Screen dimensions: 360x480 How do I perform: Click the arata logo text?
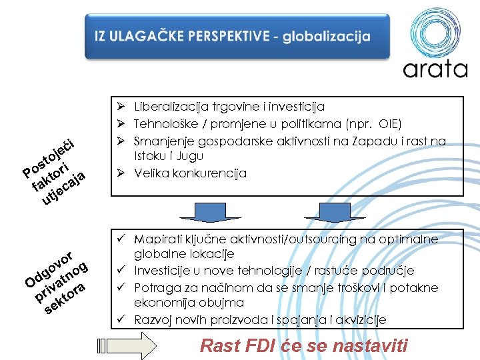[435, 68]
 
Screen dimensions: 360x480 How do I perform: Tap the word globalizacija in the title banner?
[326, 37]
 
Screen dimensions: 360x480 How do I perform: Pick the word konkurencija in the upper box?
[215, 173]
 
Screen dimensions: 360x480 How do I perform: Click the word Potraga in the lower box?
[155, 288]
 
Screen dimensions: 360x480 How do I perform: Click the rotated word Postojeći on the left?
[51, 155]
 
